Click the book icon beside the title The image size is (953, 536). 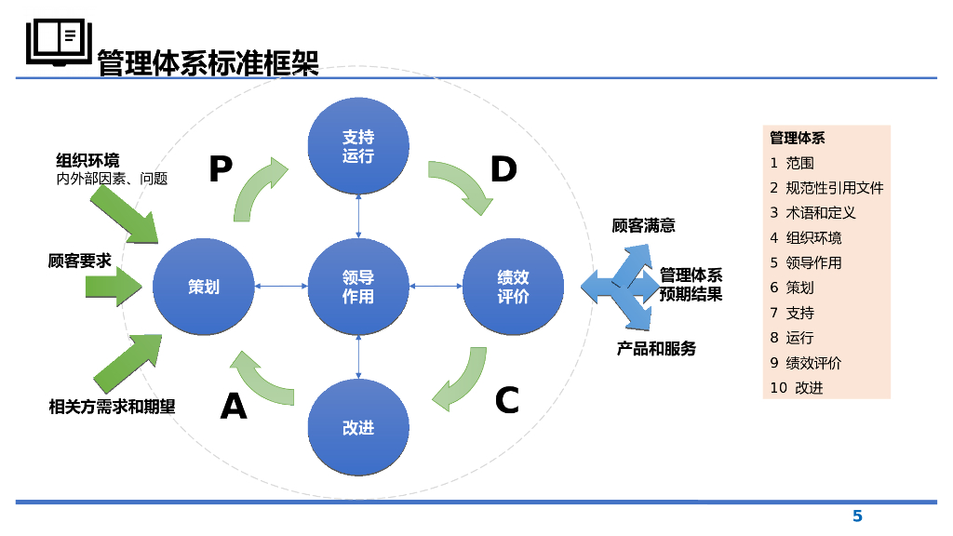(57, 42)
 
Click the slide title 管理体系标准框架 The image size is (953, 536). (208, 62)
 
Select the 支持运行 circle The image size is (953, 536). (358, 146)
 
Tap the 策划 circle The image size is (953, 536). (204, 286)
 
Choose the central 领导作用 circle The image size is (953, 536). (358, 286)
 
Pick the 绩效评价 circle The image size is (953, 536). (513, 286)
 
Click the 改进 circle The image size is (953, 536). (358, 427)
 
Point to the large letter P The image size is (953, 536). (220, 170)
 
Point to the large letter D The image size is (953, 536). (503, 170)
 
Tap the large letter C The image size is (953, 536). (506, 401)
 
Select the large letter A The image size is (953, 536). (234, 407)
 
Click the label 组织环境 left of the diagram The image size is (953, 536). (87, 161)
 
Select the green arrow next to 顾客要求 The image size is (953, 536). (114, 286)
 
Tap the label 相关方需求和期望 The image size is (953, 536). (112, 407)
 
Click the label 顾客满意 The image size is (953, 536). (643, 225)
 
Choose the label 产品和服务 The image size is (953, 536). (656, 349)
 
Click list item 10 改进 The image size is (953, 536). (797, 388)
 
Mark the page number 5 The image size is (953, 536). (857, 516)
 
